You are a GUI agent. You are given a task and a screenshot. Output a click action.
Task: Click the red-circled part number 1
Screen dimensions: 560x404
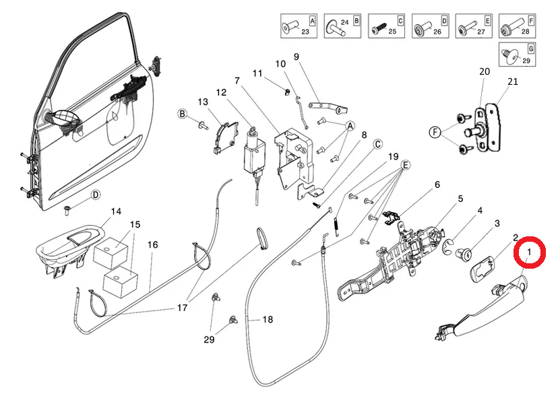tap(529, 252)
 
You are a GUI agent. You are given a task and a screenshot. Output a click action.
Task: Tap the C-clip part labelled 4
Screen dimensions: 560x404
tap(448, 246)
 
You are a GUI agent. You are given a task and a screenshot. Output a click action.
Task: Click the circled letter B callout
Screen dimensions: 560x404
tap(183, 114)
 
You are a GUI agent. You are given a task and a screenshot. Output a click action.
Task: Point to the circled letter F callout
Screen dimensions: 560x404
tap(435, 133)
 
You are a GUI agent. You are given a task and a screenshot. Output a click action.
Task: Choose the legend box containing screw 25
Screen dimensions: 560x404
tap(386, 26)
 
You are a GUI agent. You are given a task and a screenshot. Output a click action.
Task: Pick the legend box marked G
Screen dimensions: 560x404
tap(517, 54)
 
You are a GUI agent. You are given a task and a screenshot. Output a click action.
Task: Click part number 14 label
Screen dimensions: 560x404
tap(116, 211)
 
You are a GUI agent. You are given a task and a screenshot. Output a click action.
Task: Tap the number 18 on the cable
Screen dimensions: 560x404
tap(268, 319)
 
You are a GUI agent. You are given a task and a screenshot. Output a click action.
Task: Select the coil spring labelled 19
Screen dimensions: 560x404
tap(336, 226)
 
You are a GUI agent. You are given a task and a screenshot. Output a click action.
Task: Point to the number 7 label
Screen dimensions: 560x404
tap(237, 81)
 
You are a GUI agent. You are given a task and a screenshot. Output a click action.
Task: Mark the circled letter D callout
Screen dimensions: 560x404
tap(96, 195)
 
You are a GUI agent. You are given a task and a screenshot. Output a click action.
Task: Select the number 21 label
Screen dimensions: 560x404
tap(513, 81)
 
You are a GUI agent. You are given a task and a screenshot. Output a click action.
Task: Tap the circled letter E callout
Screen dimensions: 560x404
tap(406, 165)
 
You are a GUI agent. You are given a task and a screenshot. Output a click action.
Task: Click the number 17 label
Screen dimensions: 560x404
tap(182, 307)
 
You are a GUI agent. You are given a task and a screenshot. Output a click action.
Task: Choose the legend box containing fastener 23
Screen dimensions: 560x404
tap(299, 26)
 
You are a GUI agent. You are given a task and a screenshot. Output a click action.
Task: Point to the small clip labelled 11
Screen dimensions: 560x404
tap(287, 92)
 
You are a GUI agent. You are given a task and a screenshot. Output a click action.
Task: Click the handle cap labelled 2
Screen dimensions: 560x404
tap(481, 269)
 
